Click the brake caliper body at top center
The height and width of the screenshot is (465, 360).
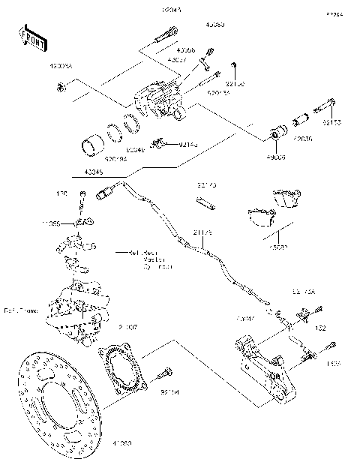pos(159,102)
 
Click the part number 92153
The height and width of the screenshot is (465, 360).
pos(333,121)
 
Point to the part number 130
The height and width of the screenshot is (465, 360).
pos(61,193)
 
